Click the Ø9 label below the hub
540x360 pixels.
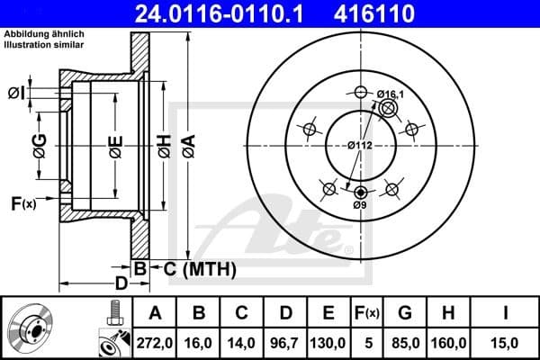click(x=361, y=205)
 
